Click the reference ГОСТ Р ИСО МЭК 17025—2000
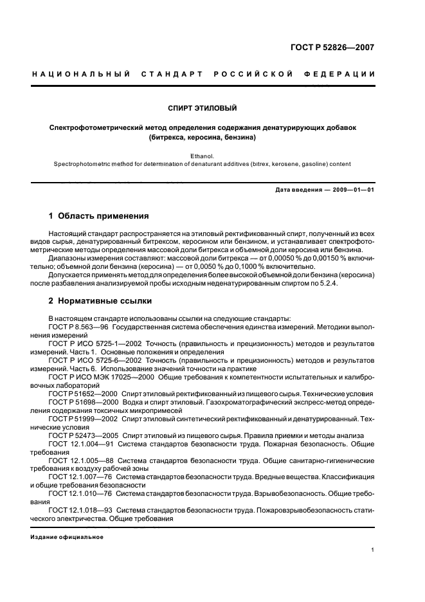(x=100, y=377)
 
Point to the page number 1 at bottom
(x=372, y=550)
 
